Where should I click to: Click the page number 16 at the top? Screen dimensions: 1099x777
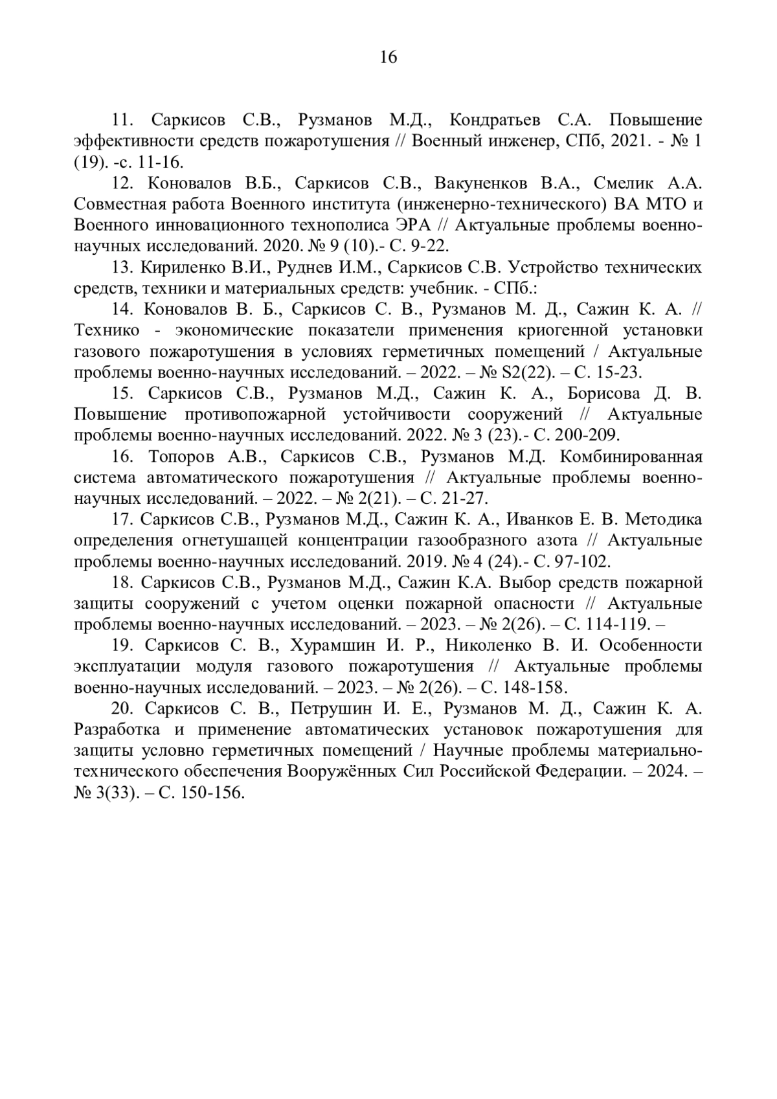[388, 57]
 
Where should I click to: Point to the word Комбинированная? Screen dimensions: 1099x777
[631, 457]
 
